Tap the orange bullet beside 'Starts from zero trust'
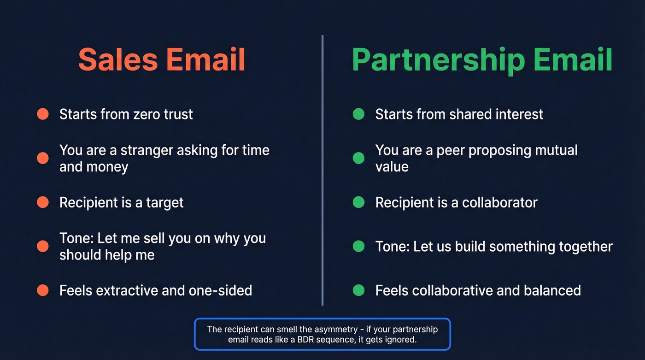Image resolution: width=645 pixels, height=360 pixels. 43,114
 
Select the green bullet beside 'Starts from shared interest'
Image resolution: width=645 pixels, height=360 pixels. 358,114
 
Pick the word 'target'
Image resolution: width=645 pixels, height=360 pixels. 164,202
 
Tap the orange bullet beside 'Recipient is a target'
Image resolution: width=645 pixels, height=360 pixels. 43,202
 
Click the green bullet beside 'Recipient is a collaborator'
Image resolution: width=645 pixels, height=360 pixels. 358,202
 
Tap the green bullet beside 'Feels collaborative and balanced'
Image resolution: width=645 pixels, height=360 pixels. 358,290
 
